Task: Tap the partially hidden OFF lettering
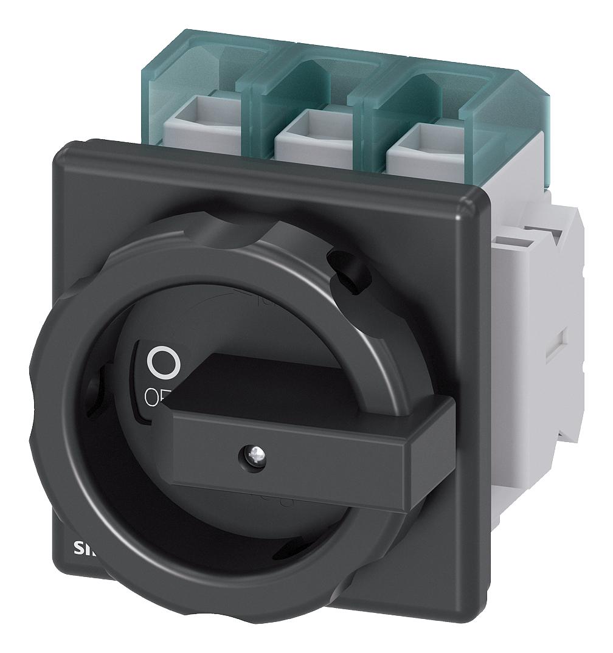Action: tap(156, 397)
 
